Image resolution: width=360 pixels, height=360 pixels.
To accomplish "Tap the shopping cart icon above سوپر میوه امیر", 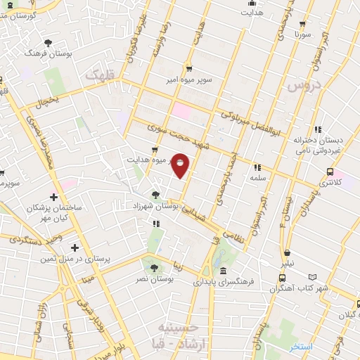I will tap(189, 69).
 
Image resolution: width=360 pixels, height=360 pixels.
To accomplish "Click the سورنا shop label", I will tap(302, 34).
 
